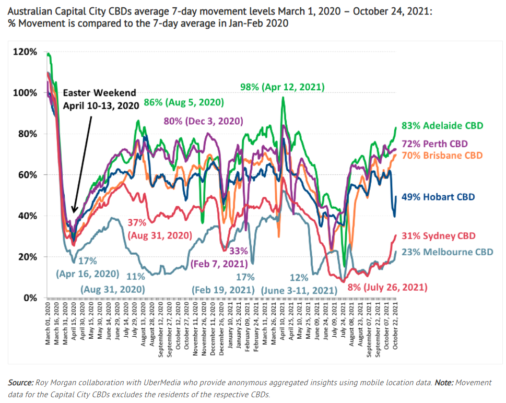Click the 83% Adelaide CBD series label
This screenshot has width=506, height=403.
tap(446, 126)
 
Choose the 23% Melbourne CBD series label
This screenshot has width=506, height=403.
tap(447, 252)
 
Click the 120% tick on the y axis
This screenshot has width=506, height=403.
tap(26, 52)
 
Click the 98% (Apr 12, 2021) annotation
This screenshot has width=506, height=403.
tap(283, 87)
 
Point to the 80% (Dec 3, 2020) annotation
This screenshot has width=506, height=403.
tap(204, 121)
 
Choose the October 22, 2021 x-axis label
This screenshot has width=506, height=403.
tap(396, 327)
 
